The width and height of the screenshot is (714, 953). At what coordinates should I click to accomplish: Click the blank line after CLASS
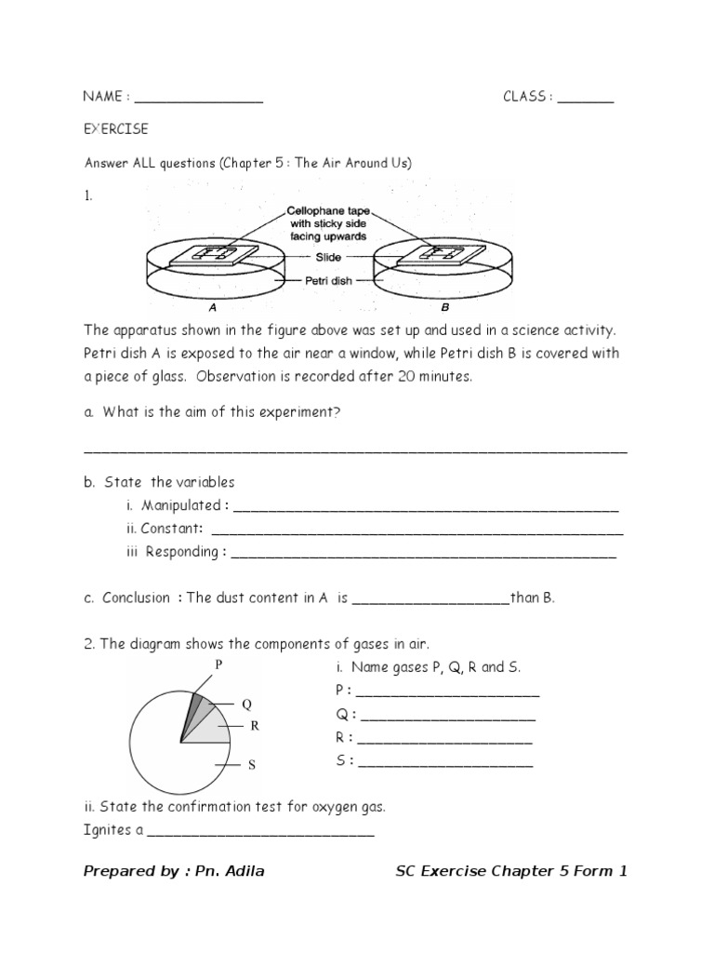point(586,101)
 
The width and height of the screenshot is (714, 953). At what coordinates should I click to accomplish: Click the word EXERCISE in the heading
point(115,128)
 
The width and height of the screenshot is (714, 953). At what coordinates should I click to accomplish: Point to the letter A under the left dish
point(213,306)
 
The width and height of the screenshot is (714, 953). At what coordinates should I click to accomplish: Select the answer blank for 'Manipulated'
point(426,510)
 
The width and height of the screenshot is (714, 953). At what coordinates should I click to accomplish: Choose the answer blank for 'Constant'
point(417,532)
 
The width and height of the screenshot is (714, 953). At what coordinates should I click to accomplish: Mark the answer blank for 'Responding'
point(423,556)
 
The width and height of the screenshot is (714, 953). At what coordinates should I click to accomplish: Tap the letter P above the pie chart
point(219,664)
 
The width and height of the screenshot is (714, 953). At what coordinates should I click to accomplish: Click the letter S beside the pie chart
point(251,765)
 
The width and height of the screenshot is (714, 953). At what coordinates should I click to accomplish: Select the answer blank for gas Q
point(447,718)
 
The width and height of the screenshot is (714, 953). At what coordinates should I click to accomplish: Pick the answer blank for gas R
point(444,742)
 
